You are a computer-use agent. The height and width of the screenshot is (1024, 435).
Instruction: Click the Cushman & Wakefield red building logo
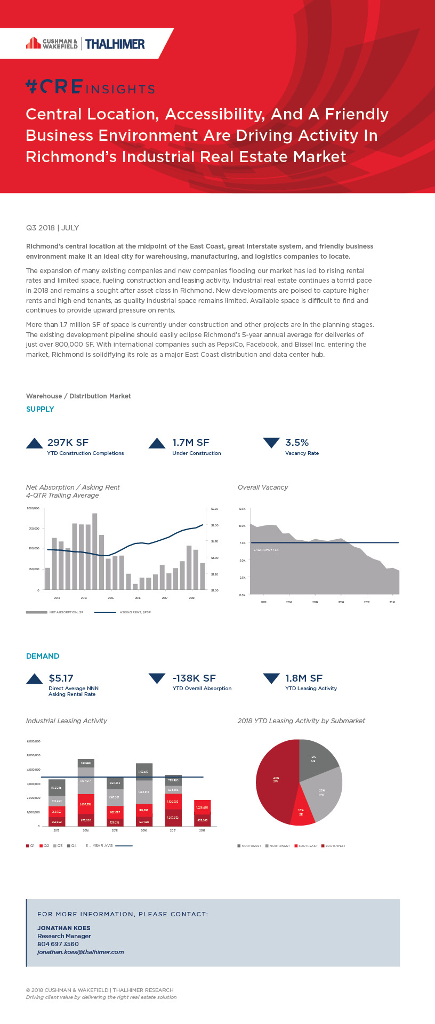tap(33, 43)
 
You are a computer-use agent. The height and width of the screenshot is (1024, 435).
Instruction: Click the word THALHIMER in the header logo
tap(115, 44)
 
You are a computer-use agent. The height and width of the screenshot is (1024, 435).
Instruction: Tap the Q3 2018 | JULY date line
tap(52, 228)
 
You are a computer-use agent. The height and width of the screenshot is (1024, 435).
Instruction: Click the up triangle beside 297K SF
tap(35, 443)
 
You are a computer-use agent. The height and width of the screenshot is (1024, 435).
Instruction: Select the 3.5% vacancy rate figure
tap(297, 442)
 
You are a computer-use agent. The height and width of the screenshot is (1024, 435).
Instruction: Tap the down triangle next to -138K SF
tap(157, 678)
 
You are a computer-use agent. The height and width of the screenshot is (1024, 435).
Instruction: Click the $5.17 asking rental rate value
tap(61, 678)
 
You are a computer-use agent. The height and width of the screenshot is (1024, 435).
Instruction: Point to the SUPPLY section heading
tap(40, 409)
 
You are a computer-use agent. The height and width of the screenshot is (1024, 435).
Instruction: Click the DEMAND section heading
tap(43, 656)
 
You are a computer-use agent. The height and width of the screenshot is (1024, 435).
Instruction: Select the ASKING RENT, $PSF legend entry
tap(134, 612)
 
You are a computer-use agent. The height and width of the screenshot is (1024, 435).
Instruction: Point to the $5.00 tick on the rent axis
tap(214, 525)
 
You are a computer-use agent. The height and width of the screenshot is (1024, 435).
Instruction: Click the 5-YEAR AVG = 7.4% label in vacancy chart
tap(266, 549)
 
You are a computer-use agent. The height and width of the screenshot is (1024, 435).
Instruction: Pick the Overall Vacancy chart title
tap(263, 487)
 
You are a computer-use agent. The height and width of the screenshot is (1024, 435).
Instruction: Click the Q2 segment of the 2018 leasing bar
tap(202, 806)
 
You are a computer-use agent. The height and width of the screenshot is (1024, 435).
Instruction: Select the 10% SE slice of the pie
tap(302, 813)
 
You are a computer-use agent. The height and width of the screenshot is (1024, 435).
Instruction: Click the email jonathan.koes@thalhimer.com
tap(80, 952)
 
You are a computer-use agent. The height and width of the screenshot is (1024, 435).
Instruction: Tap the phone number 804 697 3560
tap(58, 944)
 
